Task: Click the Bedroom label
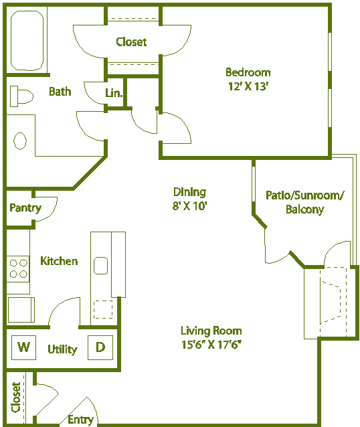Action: (248, 72)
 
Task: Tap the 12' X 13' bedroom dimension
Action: (248, 86)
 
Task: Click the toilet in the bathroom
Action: (21, 97)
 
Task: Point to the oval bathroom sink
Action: (20, 141)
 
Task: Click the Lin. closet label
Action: (114, 94)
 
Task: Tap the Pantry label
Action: (25, 207)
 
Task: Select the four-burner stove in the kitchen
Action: (18, 268)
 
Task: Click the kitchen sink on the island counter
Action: (101, 266)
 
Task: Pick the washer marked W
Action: (24, 347)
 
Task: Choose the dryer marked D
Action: (100, 347)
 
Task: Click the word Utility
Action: (62, 349)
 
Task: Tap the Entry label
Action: (80, 420)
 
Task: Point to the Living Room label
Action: (211, 331)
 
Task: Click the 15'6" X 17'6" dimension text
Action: (211, 345)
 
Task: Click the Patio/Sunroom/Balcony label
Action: (304, 202)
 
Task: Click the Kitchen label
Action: (59, 261)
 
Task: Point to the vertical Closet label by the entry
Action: (16, 397)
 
